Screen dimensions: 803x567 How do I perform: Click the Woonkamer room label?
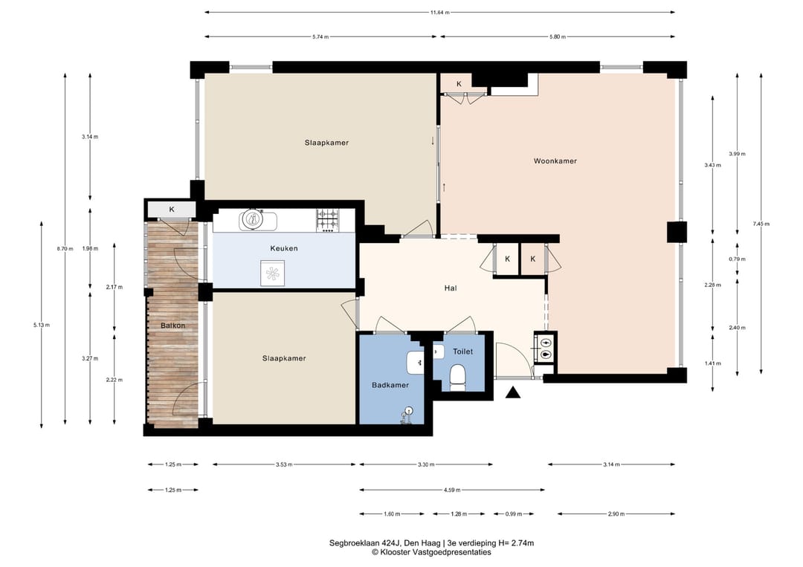click(555, 161)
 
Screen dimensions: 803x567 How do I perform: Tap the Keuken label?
click(284, 248)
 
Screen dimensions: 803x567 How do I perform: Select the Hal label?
click(450, 288)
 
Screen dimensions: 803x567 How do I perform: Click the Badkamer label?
click(390, 385)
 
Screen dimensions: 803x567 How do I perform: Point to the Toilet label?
click(463, 351)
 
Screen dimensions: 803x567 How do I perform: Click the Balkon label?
click(172, 325)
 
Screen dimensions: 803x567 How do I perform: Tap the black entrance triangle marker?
click(513, 392)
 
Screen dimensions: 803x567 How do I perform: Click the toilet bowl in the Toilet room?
click(457, 376)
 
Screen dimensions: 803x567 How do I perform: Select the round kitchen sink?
click(252, 220)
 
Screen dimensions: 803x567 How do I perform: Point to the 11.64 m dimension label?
click(440, 13)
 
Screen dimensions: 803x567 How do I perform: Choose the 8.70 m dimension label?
click(65, 249)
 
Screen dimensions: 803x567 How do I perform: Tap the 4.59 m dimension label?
click(452, 490)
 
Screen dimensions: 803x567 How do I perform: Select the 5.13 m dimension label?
click(42, 325)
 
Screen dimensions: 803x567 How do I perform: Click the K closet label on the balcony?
click(172, 210)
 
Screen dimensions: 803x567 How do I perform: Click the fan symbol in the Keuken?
click(272, 273)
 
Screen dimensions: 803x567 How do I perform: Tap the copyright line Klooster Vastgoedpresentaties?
click(431, 553)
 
